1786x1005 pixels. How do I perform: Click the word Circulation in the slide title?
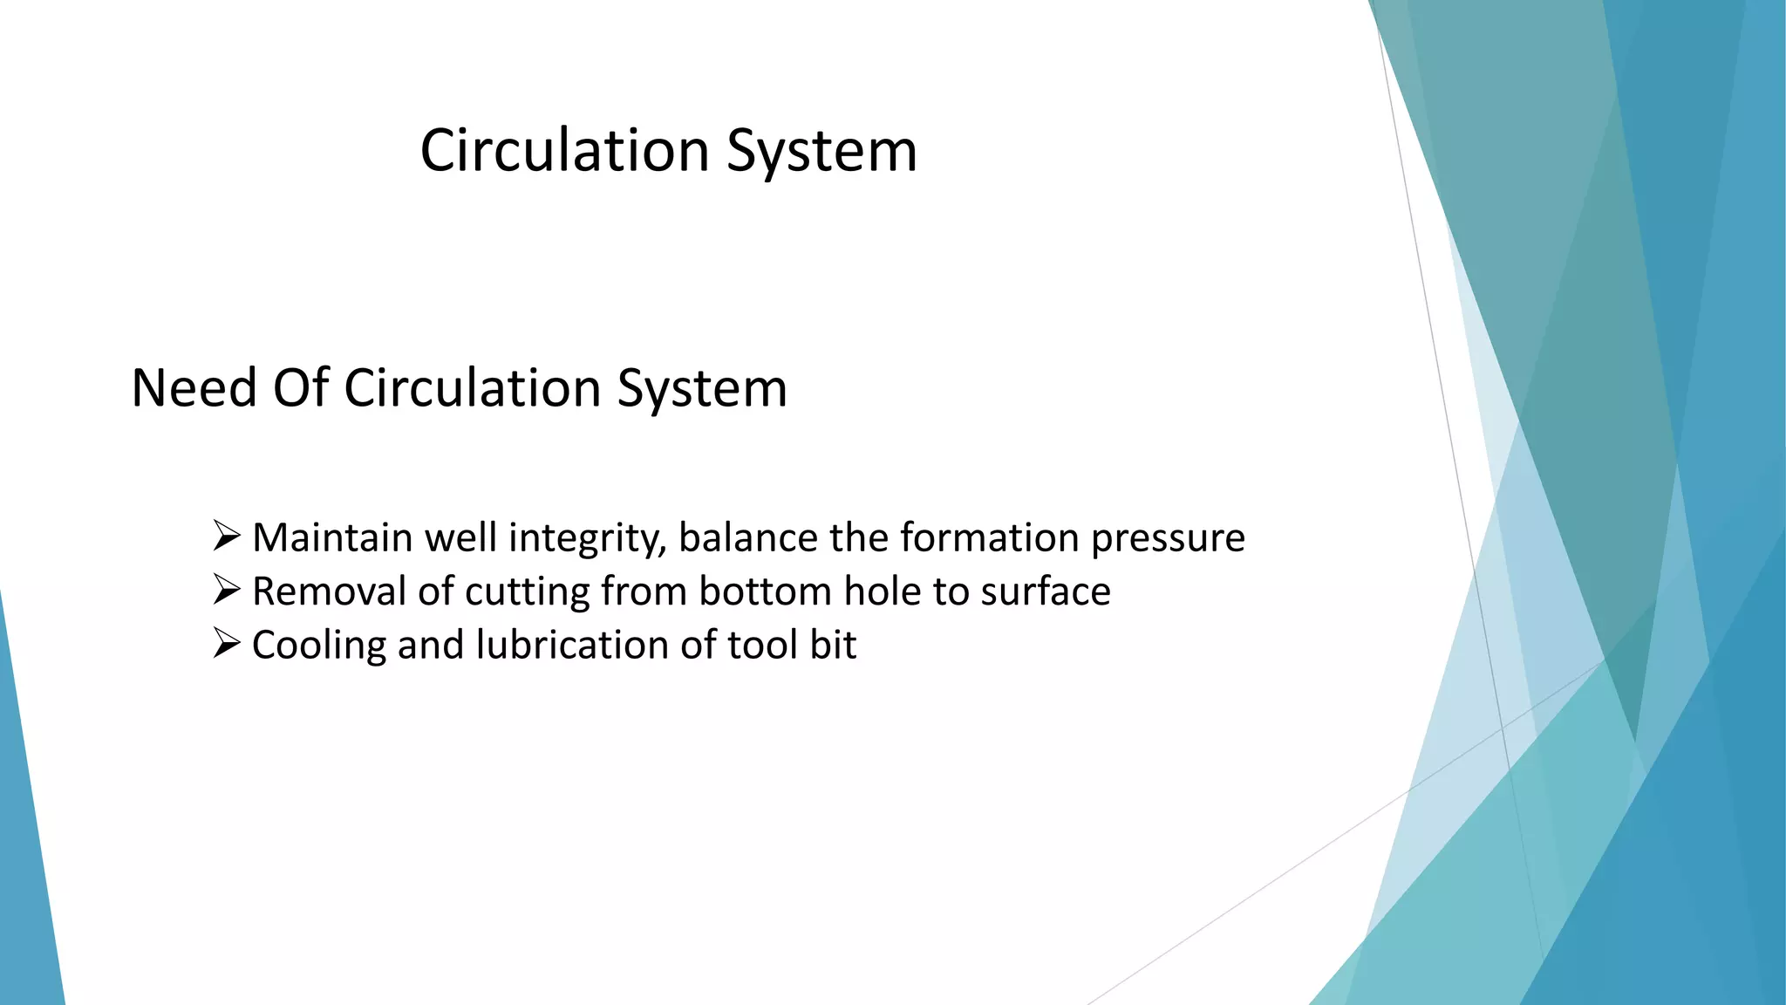[x=564, y=151]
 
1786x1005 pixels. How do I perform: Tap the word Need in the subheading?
[x=194, y=388]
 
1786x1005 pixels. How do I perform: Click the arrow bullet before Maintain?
[x=227, y=536]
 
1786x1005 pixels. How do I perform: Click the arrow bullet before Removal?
[x=227, y=590]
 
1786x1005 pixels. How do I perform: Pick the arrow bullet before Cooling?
[x=227, y=644]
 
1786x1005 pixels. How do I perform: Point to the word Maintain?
[x=332, y=537]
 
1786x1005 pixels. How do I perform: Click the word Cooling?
[x=319, y=646]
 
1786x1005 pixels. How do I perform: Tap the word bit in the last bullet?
[x=833, y=646]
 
